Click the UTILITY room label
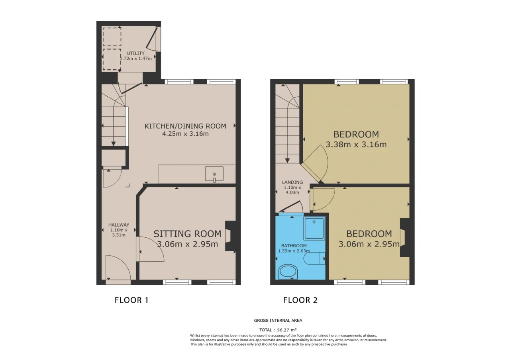pos(136,53)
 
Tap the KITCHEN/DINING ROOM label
pos(185,126)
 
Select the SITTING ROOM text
pos(187,234)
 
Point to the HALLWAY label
pos(119,225)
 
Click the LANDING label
pos(292,182)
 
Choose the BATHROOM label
pos(294,246)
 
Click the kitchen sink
pos(214,174)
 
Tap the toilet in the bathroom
pos(314,258)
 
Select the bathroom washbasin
pos(288,272)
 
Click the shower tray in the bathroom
pos(314,228)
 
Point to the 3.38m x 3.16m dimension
pos(356,145)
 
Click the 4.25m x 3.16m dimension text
pos(185,134)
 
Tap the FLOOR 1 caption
pos(131,300)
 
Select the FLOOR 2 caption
pos(300,300)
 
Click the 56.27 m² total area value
pos(287,330)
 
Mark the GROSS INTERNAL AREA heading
pos(278,321)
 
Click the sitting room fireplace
pos(230,236)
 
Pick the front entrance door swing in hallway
pos(118,268)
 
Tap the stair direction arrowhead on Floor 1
pos(114,144)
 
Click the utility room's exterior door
pos(152,39)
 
